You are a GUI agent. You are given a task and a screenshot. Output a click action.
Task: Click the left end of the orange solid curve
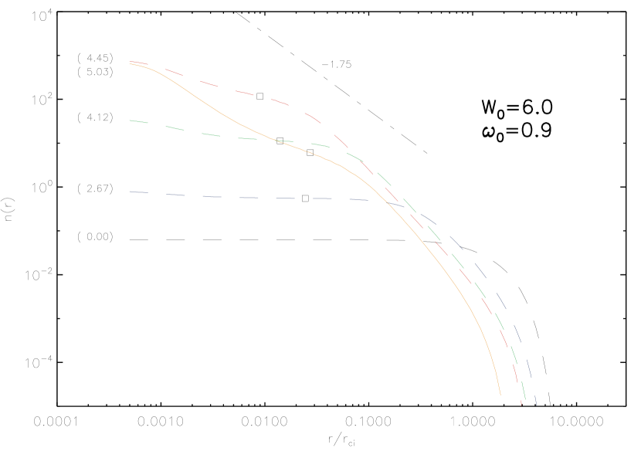coord(130,64)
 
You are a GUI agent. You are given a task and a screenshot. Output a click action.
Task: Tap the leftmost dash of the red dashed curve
coord(137,62)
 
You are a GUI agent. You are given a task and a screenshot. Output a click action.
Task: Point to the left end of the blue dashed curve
coord(130,192)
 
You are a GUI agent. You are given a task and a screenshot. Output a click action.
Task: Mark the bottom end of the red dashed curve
coord(521,403)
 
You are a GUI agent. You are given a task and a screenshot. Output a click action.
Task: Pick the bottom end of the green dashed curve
coord(525,399)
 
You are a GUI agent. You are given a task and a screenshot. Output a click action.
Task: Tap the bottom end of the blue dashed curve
coord(536,405)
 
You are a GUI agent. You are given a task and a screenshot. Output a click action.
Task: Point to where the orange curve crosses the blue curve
coord(381,201)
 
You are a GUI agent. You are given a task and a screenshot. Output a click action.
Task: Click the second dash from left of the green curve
coord(175,128)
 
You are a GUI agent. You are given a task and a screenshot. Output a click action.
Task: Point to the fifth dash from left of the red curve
coord(280,101)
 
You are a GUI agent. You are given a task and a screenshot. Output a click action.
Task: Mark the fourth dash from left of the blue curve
coord(249,198)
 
